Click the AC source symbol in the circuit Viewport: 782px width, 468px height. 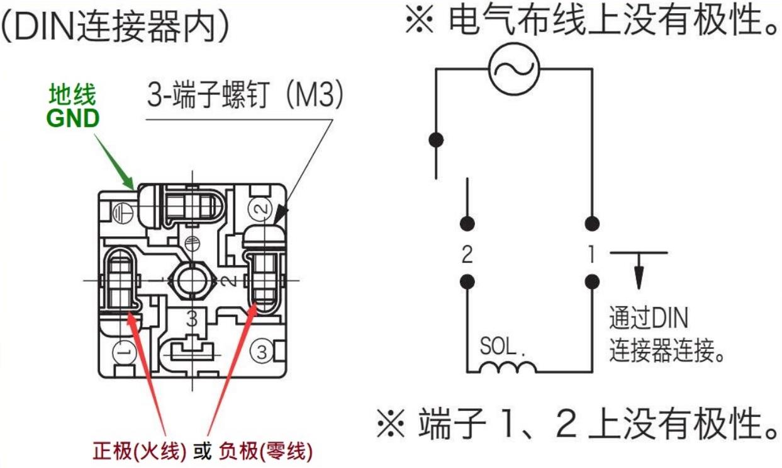pyautogui.click(x=515, y=69)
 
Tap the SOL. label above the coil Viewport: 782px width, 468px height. pyautogui.click(x=502, y=346)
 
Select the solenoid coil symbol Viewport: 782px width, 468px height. pyautogui.click(x=506, y=367)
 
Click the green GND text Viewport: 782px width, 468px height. pyautogui.click(x=73, y=118)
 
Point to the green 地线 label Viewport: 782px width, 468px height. pyautogui.click(x=73, y=96)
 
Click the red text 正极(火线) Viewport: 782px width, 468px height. pyautogui.click(x=140, y=452)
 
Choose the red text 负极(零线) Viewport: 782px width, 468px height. pyautogui.click(x=265, y=452)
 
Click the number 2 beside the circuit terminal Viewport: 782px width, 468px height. pyautogui.click(x=467, y=254)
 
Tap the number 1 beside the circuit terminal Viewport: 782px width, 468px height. pyautogui.click(x=590, y=254)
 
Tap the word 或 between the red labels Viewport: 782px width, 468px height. pyautogui.click(x=203, y=452)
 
